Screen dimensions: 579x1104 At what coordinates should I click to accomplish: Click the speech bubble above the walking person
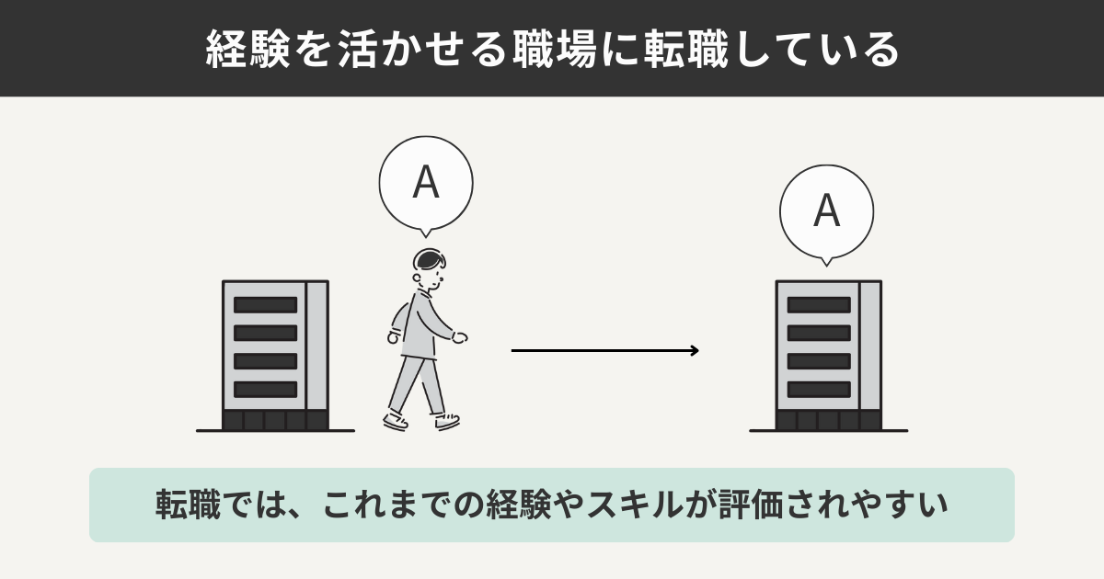coord(426,183)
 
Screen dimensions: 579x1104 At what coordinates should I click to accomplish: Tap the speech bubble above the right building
coord(826,212)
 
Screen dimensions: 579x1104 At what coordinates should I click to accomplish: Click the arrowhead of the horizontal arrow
coord(695,350)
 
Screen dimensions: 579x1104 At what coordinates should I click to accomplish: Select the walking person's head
coord(429,267)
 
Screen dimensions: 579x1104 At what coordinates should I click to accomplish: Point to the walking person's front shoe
coord(447,422)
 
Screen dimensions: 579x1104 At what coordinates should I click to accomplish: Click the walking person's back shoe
coord(395,420)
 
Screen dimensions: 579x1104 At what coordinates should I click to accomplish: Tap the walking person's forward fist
coord(459,337)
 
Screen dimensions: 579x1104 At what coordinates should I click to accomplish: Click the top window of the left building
coord(265,304)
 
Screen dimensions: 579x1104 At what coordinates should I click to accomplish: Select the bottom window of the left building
coord(265,389)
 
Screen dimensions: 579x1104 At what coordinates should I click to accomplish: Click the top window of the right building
coord(818,304)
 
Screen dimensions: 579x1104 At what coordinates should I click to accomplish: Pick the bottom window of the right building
coord(818,389)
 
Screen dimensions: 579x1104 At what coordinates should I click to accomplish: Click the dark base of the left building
coord(275,421)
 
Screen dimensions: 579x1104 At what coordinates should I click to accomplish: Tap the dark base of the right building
coord(828,421)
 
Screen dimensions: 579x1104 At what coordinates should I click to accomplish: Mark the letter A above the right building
coord(826,211)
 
